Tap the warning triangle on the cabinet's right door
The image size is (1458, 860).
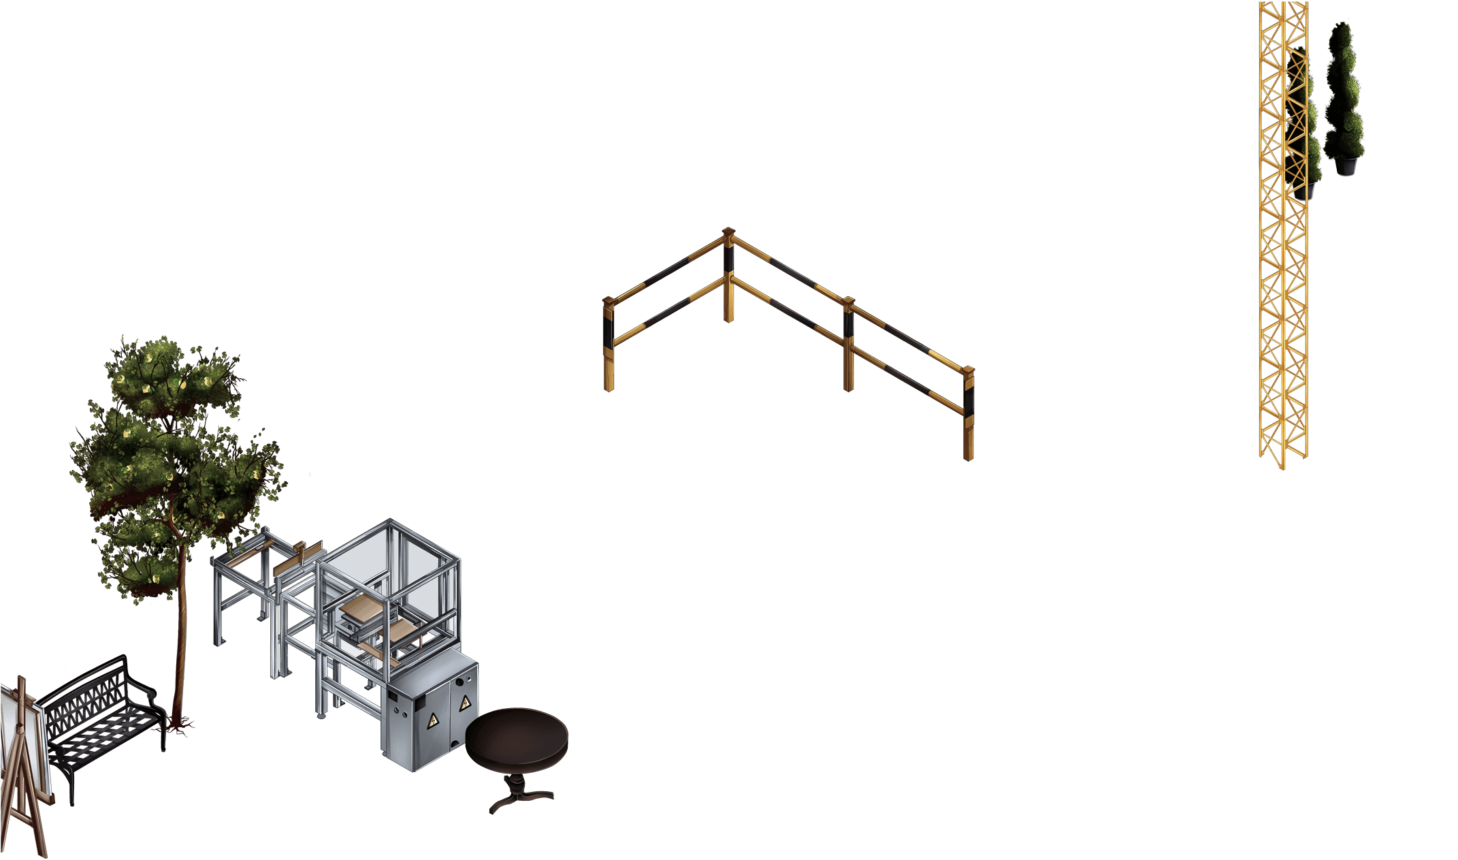tap(465, 703)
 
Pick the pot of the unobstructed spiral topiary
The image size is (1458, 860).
tap(1344, 165)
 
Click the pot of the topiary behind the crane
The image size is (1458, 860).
tap(1309, 190)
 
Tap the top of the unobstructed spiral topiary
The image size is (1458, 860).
tap(1342, 31)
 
